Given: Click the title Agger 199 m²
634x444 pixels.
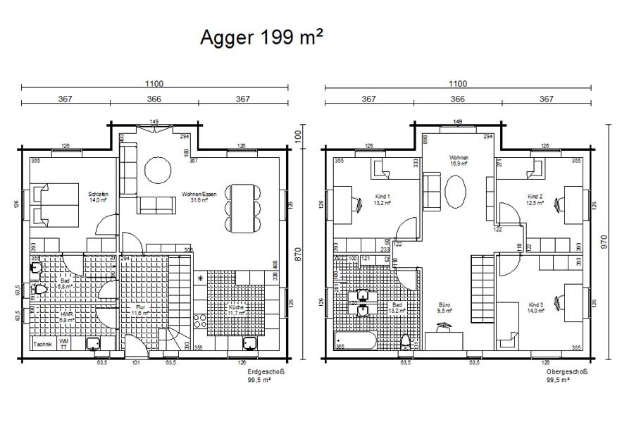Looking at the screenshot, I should click(261, 37).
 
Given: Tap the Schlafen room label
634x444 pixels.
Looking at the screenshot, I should click(98, 197).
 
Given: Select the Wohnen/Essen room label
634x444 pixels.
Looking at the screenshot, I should click(199, 197).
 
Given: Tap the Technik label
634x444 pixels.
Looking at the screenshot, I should click(43, 345).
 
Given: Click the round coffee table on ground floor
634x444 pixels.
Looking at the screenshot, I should click(157, 169).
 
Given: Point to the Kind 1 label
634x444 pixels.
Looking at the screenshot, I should click(383, 198).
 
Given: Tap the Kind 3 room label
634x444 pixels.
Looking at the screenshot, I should click(537, 308).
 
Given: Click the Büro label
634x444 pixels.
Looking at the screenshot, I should click(444, 308).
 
